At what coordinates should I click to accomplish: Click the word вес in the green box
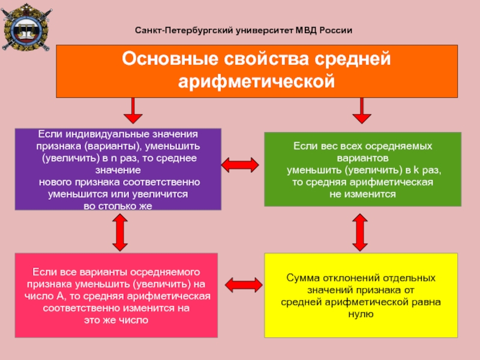pos(328,146)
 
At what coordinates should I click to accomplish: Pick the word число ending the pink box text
pos(130,320)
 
